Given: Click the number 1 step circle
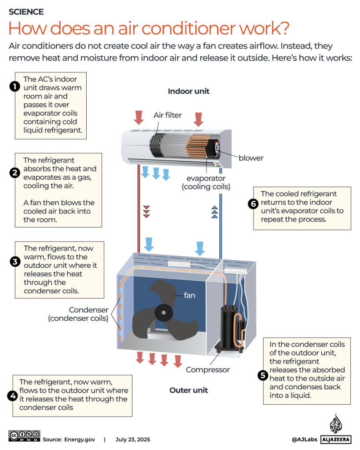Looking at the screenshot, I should click(x=15, y=87).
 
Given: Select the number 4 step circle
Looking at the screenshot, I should click(x=12, y=395).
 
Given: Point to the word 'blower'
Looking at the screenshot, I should click(x=251, y=158).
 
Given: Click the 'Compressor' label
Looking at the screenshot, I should click(x=207, y=370).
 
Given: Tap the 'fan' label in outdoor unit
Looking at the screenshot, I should click(x=189, y=295).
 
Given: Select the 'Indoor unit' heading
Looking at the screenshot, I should click(x=189, y=91).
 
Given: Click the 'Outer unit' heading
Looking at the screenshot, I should click(x=189, y=390).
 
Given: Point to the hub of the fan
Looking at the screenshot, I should click(x=164, y=313).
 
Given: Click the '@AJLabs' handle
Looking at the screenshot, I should click(x=303, y=439).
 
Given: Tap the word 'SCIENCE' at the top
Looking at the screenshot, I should click(x=26, y=12).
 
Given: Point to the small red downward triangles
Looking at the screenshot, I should click(x=147, y=211).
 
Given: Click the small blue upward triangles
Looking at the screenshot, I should click(x=215, y=211).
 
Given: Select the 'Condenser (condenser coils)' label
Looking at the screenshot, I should click(x=78, y=314).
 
